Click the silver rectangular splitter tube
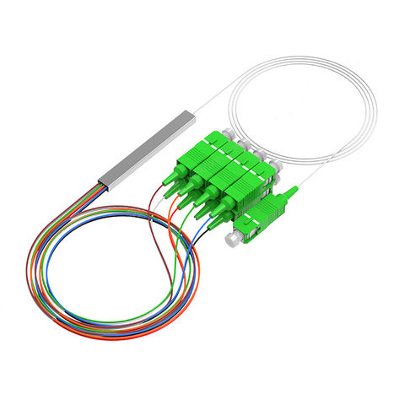pos(148,143)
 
